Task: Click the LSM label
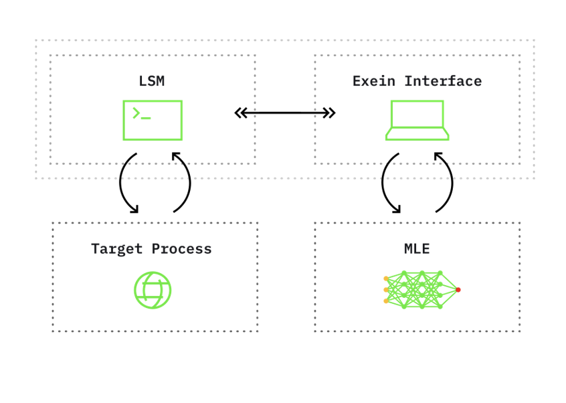pos(152,82)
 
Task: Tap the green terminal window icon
pos(153,120)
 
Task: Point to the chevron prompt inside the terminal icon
pos(136,113)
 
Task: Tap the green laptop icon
pos(417,120)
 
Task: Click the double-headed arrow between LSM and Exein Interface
pos(284,113)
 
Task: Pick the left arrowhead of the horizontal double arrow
pos(240,113)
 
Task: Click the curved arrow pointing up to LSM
pos(185,182)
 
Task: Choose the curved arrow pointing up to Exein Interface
pos(447,182)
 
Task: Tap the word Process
pos(181,249)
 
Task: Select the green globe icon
pos(153,290)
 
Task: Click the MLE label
pos(417,249)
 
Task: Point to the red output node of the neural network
pos(458,290)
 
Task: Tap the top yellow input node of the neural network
pos(386,278)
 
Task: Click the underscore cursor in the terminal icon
pos(147,118)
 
